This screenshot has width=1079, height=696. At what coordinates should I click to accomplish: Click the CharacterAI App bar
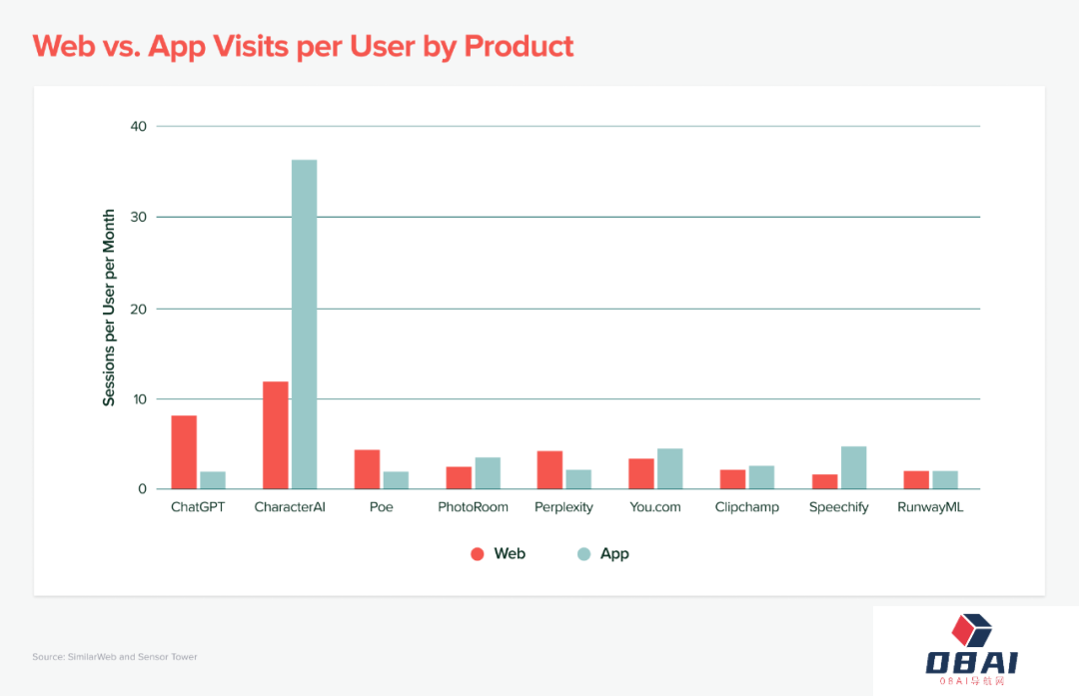(x=304, y=325)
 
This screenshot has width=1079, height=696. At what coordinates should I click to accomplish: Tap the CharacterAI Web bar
(x=276, y=435)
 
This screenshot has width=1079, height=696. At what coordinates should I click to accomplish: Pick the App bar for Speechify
(x=853, y=467)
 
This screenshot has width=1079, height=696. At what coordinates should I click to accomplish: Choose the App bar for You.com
(x=669, y=468)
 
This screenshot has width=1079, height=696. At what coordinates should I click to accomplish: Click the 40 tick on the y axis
(x=138, y=127)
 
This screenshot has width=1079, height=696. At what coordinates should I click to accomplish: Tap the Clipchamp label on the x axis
(x=746, y=507)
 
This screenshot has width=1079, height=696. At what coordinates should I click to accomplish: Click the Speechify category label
(x=838, y=507)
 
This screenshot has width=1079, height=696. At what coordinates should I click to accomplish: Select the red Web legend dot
(x=478, y=554)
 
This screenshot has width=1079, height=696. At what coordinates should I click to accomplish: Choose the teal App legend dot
(x=583, y=554)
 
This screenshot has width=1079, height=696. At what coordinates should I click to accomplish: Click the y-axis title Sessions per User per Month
(x=110, y=308)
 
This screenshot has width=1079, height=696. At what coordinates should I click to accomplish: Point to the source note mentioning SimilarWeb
(x=114, y=657)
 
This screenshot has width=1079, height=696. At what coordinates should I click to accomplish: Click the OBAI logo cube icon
(x=971, y=630)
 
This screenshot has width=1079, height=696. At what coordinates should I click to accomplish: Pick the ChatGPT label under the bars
(x=198, y=507)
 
